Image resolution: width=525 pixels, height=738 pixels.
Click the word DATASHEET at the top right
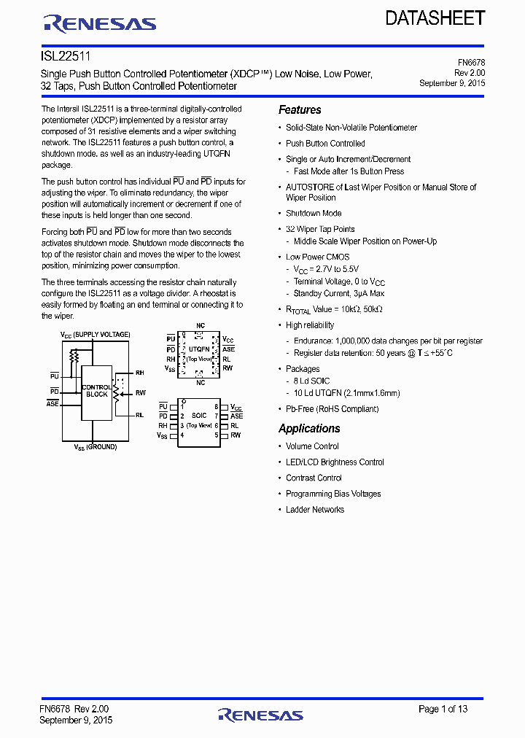point(435,18)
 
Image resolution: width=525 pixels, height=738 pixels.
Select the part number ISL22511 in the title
point(66,55)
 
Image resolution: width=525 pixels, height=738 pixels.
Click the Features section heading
point(300,110)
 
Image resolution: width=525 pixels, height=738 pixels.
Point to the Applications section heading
point(309,429)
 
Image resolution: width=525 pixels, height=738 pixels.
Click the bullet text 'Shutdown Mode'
point(314,214)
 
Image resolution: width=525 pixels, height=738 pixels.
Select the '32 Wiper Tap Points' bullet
point(320,229)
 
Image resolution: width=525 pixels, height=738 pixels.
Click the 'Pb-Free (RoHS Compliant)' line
point(332,409)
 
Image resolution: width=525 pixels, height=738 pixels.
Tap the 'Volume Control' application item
point(312,446)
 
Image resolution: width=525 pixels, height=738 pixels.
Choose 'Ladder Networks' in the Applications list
point(315,510)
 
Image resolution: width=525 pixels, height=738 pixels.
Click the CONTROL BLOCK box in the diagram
point(96,391)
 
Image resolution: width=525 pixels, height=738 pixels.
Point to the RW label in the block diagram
point(140,393)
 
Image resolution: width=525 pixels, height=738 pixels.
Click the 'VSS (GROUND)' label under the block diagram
point(96,447)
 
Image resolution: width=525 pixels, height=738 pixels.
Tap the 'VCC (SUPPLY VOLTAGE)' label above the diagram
point(96,335)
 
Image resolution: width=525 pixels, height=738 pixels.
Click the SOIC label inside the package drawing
point(199,416)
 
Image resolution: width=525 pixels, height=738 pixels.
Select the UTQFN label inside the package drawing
point(199,349)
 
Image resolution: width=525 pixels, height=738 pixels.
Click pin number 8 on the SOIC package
point(217,406)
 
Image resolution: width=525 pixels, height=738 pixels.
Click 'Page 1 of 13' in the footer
point(443,709)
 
